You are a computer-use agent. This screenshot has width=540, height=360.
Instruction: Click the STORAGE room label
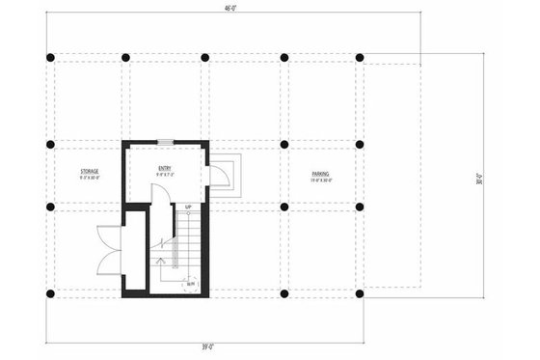[89, 174]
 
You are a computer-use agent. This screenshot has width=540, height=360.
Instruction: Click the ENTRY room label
[165, 168]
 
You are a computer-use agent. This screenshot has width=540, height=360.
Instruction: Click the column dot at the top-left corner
[50, 57]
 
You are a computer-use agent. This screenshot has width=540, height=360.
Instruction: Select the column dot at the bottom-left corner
[50, 292]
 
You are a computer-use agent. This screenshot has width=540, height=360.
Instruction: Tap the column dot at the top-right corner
[360, 57]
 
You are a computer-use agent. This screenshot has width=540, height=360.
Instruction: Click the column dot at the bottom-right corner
[360, 292]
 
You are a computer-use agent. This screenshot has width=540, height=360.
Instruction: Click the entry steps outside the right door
[231, 175]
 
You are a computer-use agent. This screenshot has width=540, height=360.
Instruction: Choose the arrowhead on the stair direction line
[159, 260]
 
